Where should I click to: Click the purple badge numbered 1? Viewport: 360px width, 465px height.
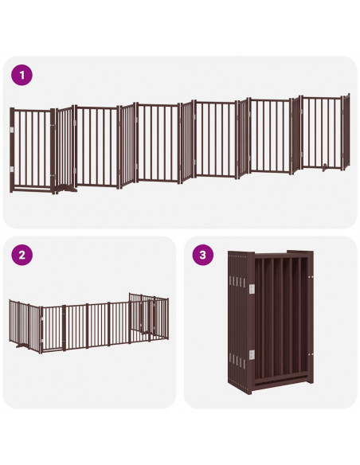(22, 76)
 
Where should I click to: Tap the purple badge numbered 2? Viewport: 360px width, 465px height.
(22, 256)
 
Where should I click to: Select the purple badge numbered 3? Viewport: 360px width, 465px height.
(204, 256)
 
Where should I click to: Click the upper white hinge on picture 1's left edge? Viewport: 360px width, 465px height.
(12, 129)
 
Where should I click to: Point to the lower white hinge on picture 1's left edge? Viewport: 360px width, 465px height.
(12, 170)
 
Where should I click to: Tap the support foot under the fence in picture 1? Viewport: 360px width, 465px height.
(65, 190)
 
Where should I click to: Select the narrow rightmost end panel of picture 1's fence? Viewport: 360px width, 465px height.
(346, 133)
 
